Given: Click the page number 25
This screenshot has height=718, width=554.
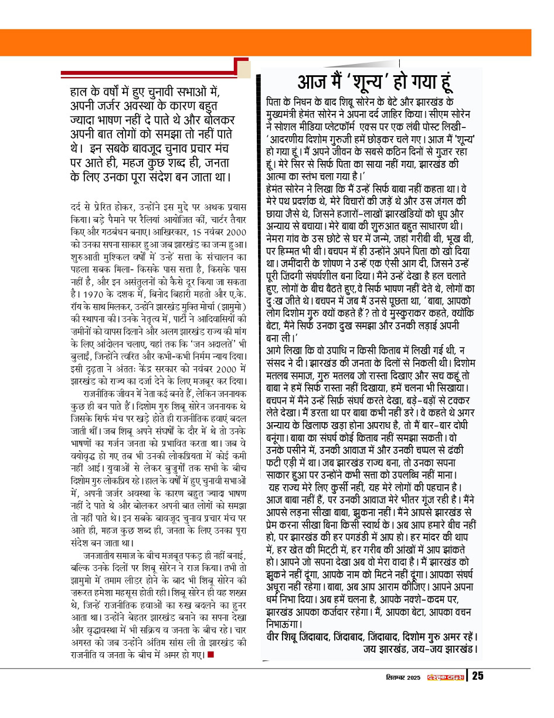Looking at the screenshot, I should tap(478, 676).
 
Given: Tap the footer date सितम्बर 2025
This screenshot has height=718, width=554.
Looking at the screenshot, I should tap(404, 676).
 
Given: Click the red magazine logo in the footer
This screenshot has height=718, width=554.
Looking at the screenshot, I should tap(446, 676).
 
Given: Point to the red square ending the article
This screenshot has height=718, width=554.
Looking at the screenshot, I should tap(210, 655).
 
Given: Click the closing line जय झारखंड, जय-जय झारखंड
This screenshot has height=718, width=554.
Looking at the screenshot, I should tap(420, 649).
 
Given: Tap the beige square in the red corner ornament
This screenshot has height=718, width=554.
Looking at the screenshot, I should tap(243, 69).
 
